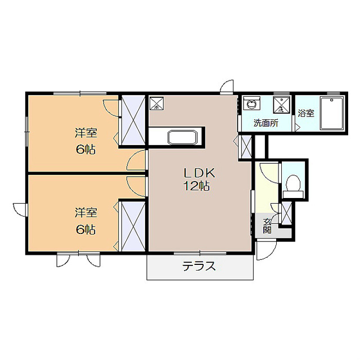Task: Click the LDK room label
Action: (x=199, y=173)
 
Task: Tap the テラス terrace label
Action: (x=199, y=267)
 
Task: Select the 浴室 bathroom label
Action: (x=306, y=113)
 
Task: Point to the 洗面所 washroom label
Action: (x=265, y=123)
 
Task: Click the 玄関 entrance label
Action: (x=267, y=226)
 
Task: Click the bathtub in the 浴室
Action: (x=332, y=114)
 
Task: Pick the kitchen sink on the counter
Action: (x=182, y=137)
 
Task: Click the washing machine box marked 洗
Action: (x=280, y=105)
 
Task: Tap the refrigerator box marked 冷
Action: (x=157, y=103)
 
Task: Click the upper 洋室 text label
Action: (x=86, y=133)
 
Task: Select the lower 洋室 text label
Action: (x=86, y=213)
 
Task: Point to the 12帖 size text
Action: (x=196, y=186)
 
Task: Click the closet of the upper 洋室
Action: (x=133, y=120)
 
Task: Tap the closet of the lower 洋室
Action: (x=133, y=226)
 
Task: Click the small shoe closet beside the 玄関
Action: (x=286, y=214)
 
